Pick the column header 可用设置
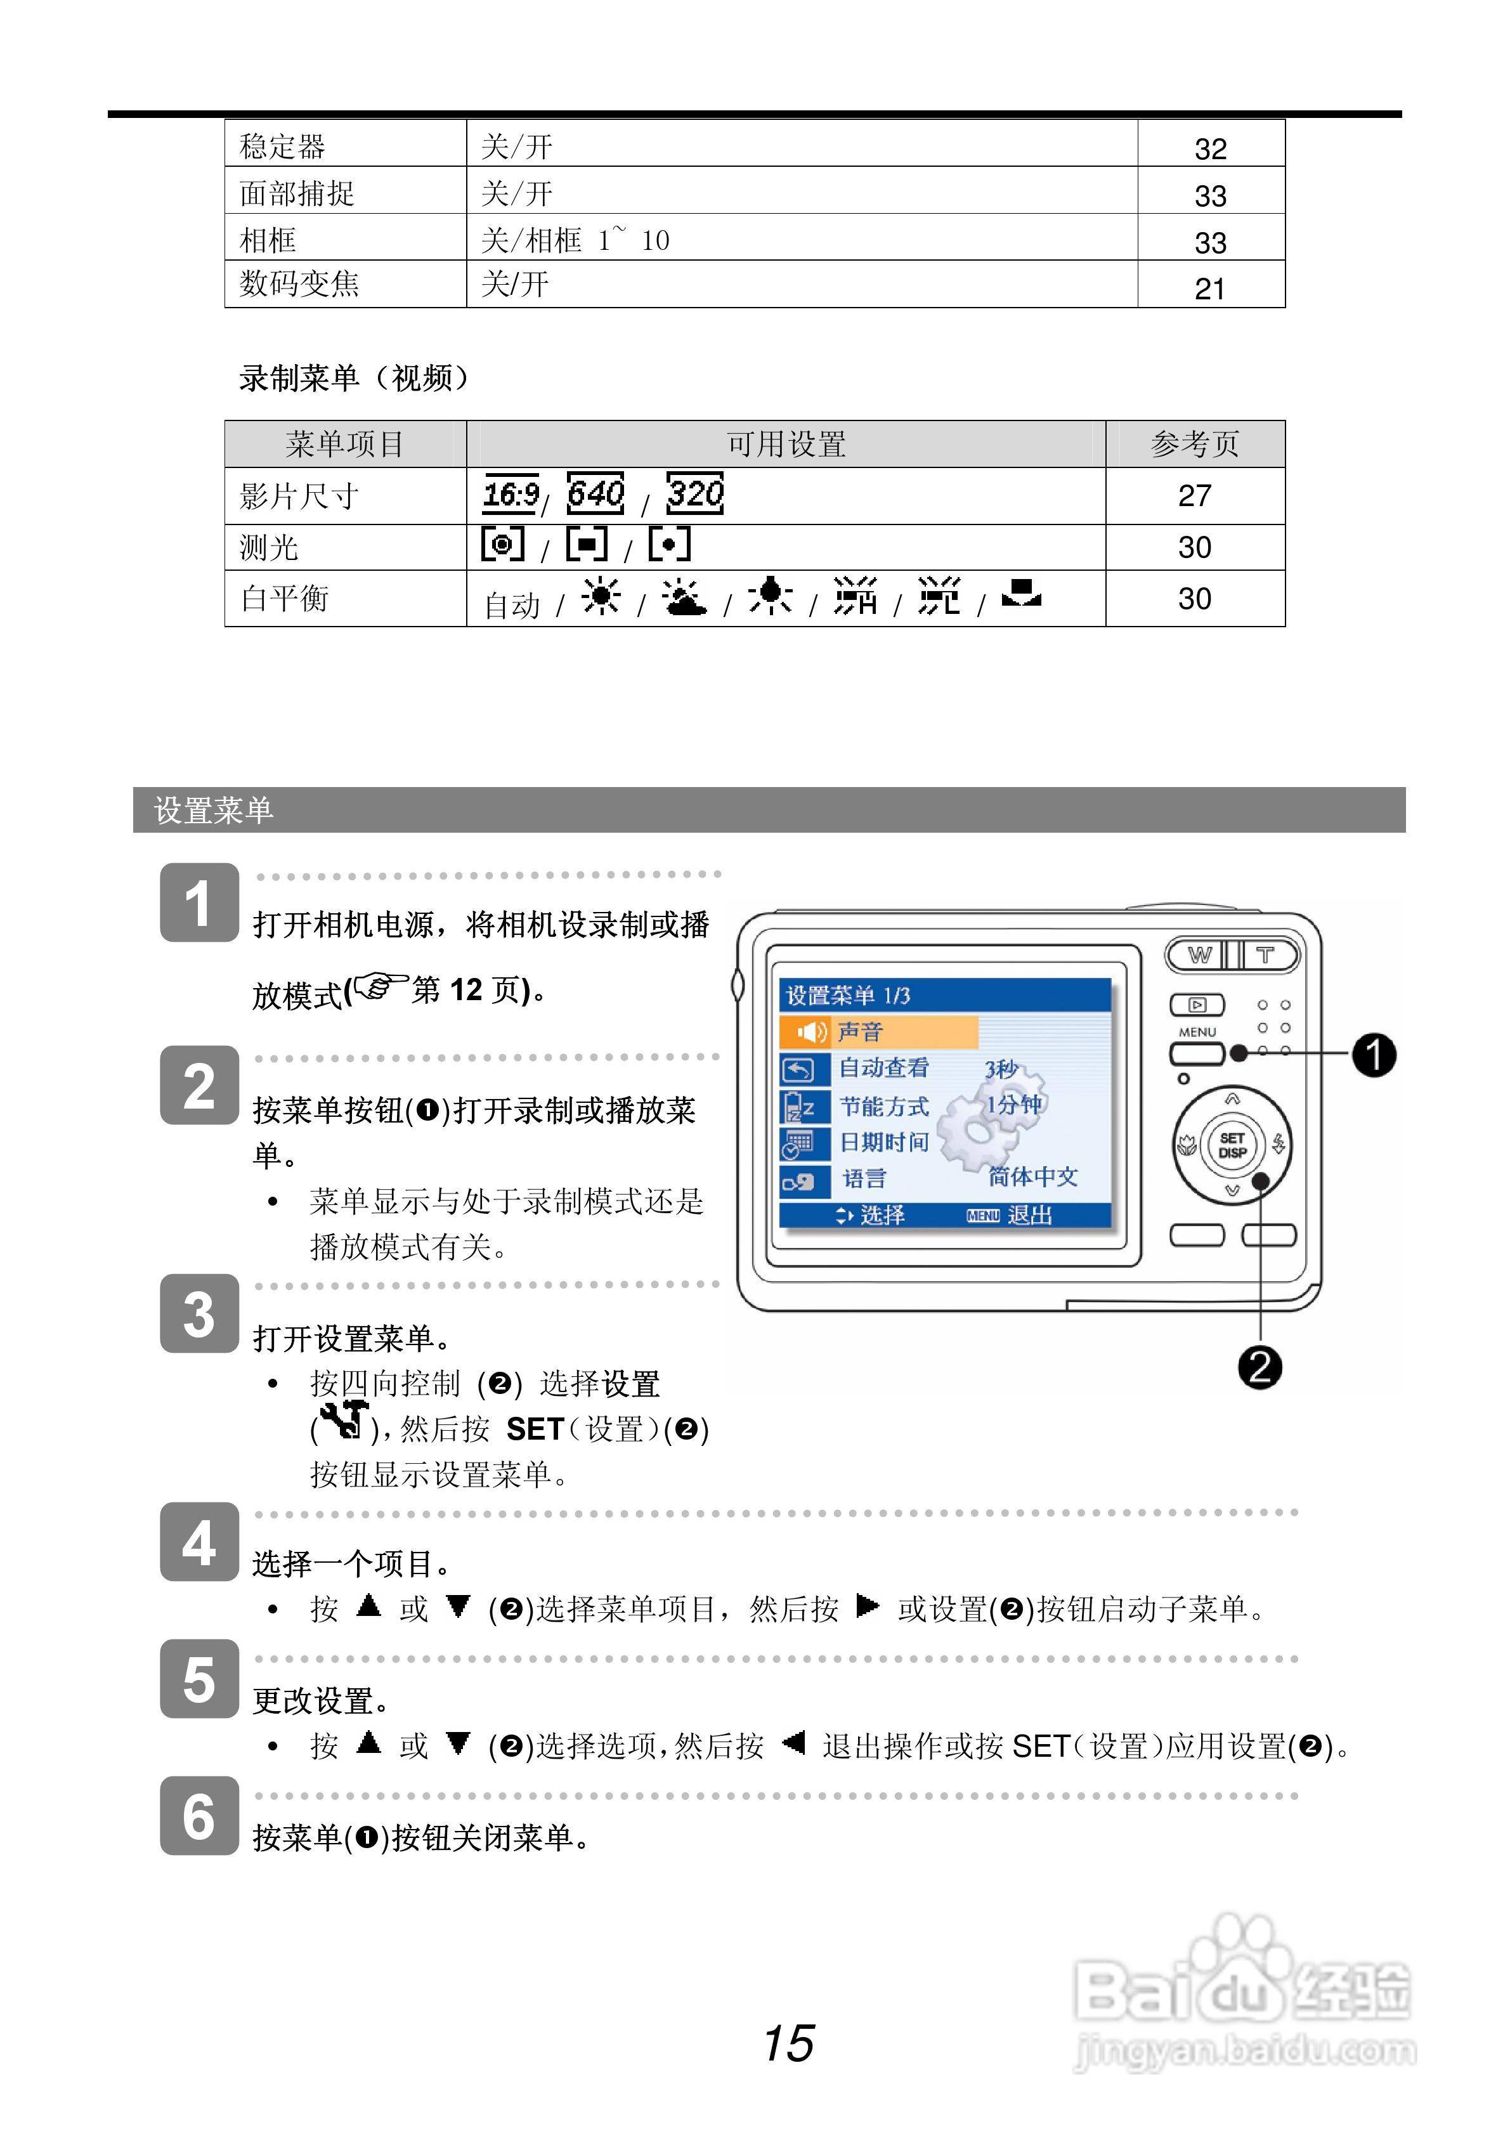(x=786, y=444)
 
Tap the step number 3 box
(x=199, y=1313)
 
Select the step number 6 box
(x=199, y=1816)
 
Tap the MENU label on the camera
(x=1197, y=1032)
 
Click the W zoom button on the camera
(x=1199, y=954)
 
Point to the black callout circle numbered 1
(x=1373, y=1054)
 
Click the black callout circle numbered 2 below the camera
(x=1259, y=1367)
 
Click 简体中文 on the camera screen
(x=1032, y=1177)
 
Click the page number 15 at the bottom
(x=788, y=2043)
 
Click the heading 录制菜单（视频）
(x=353, y=378)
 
